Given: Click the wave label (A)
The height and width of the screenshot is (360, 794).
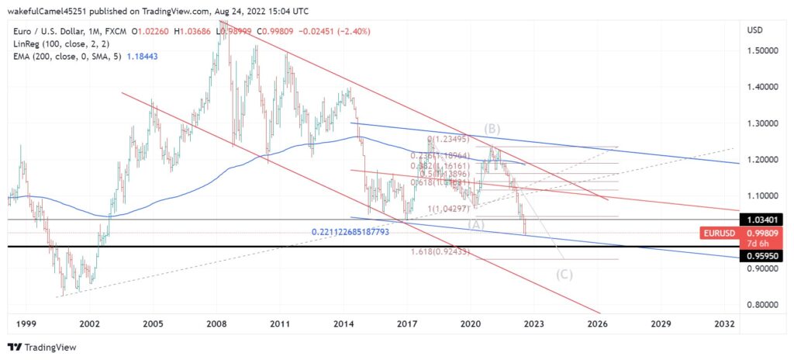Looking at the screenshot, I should pyautogui.click(x=476, y=224).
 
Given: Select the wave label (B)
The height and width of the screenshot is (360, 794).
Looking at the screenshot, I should pyautogui.click(x=492, y=128).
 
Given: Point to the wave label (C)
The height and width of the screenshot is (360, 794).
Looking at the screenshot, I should pyautogui.click(x=564, y=274).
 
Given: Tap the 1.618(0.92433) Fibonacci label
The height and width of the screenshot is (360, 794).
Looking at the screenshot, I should pyautogui.click(x=439, y=252).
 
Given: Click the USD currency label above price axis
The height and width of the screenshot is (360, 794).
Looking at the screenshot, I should pyautogui.click(x=754, y=29).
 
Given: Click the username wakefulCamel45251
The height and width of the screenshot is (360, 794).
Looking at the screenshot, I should pyautogui.click(x=48, y=10).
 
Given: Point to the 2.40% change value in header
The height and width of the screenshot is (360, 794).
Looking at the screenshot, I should pyautogui.click(x=356, y=31).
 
